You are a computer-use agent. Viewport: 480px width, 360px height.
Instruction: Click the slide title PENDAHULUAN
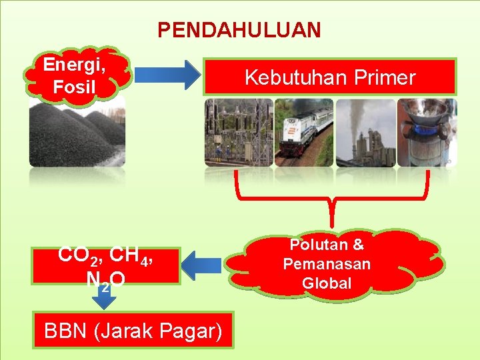pyautogui.click(x=239, y=30)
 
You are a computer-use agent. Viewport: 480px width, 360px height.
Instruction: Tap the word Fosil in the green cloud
pyautogui.click(x=75, y=87)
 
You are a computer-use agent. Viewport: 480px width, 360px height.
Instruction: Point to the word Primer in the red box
pyautogui.click(x=385, y=78)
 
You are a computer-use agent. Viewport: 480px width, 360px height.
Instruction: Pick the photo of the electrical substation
pyautogui.click(x=239, y=132)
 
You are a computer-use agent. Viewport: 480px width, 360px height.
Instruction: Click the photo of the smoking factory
pyautogui.click(x=365, y=132)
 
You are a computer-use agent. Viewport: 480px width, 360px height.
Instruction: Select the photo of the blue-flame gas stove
pyautogui.click(x=427, y=132)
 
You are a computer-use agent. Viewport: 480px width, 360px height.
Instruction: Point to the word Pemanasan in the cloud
pyautogui.click(x=327, y=264)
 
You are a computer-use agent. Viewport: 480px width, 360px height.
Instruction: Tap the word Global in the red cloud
pyautogui.click(x=327, y=283)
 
